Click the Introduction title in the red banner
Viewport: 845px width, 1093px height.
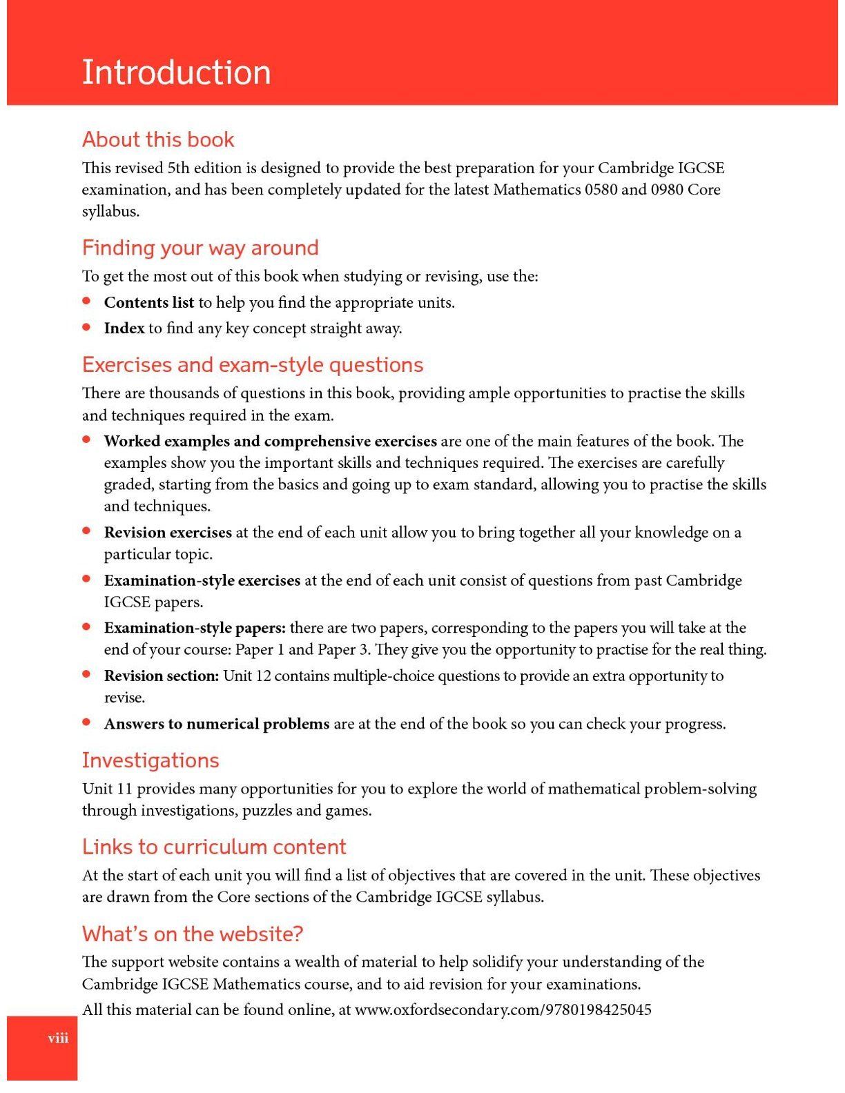176,72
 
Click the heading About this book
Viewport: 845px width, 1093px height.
158,139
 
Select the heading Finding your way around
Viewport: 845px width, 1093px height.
200,248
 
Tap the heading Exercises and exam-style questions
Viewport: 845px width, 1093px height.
253,364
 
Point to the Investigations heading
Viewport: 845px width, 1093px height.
150,760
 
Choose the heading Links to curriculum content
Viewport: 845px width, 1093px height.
214,847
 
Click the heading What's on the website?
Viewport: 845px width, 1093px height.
193,934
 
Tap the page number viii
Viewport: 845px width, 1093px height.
58,1038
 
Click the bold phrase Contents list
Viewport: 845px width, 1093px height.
149,303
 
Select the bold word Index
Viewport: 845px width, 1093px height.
124,328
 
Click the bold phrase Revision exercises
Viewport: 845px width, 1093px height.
168,533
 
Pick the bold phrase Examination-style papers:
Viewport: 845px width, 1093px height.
195,628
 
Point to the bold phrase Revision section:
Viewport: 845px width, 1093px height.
162,676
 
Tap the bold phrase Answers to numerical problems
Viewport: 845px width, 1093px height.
217,725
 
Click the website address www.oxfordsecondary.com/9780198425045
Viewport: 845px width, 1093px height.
503,1010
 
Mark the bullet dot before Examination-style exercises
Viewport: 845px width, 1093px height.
87,579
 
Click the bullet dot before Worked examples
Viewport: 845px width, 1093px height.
87,440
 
